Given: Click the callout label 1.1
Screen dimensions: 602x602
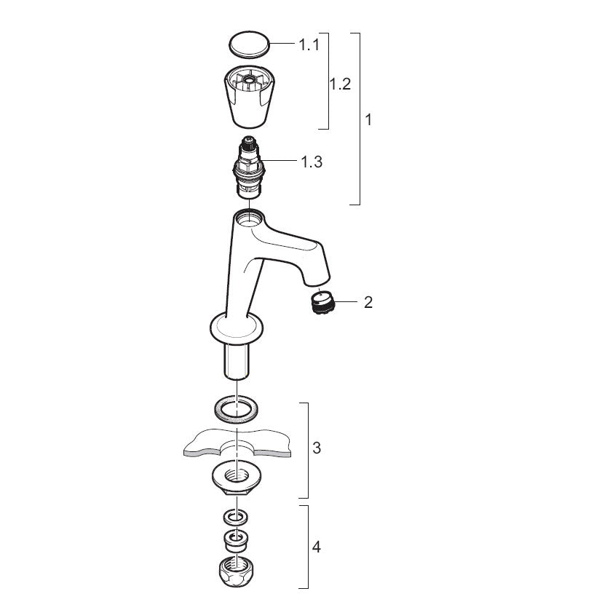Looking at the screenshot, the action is (x=309, y=44).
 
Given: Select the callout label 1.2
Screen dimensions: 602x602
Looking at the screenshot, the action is (x=341, y=84).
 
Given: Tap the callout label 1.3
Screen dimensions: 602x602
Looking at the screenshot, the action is (x=312, y=162).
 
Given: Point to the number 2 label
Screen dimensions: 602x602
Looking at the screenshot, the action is (x=368, y=302).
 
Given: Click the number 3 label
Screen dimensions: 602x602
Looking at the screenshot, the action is (x=317, y=448).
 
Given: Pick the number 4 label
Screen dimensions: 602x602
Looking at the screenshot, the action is (x=317, y=547).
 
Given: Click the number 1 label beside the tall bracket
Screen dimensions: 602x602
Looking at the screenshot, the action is (x=368, y=120).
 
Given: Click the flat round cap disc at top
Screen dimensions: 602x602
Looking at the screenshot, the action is (x=249, y=45).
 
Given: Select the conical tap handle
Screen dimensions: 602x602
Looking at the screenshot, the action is (x=248, y=97).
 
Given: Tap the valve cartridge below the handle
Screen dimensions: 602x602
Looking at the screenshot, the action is (x=249, y=167).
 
